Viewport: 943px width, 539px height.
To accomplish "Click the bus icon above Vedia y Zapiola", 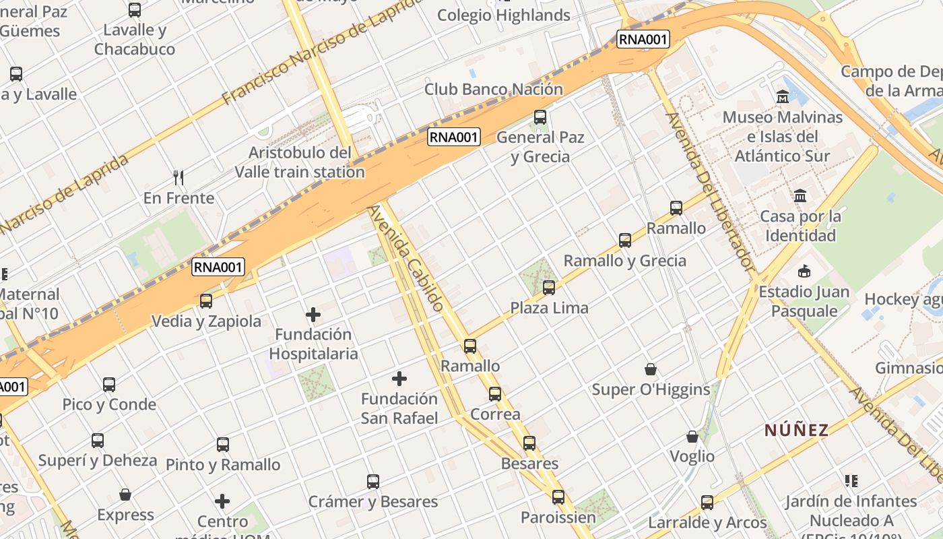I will tap(206, 301).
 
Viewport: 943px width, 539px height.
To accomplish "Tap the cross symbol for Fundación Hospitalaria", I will tap(313, 315).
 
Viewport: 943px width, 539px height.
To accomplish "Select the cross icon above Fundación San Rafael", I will tap(399, 379).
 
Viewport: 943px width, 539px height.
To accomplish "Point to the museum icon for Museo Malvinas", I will tap(783, 97).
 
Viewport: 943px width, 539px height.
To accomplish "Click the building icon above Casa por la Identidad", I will tap(800, 196).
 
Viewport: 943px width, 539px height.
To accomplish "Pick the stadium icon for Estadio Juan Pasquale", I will tap(804, 272).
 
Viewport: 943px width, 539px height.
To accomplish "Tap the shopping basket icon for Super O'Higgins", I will tap(651, 369).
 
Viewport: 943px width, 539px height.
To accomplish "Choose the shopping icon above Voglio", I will tap(692, 437).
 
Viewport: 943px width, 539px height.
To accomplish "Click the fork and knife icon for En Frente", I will tap(178, 178).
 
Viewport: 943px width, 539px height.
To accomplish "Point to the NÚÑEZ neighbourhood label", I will tap(796, 430).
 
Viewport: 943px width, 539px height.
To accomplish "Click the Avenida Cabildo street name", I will tap(406, 258).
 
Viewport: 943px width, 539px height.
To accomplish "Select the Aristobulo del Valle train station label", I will tap(300, 162).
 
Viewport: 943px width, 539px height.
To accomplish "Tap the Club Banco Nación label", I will tap(493, 89).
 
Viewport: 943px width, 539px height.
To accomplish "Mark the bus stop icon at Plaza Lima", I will tap(549, 288).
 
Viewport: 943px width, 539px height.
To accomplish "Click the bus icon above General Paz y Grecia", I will tap(540, 117).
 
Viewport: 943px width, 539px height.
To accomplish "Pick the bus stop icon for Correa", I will tap(495, 394).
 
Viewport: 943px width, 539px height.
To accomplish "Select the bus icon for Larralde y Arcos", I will tap(707, 502).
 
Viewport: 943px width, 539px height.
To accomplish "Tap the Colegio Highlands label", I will tap(504, 15).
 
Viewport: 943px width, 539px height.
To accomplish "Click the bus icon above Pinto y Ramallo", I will tap(223, 445).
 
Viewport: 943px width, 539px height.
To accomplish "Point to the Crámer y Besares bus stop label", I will tap(373, 502).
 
